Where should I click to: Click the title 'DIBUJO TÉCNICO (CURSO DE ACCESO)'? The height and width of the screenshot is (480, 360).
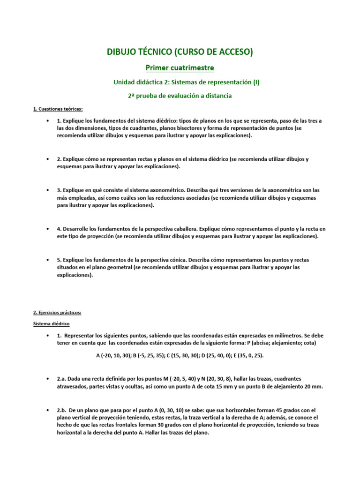pyautogui.click(x=180, y=52)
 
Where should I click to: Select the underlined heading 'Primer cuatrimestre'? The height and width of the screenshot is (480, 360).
pyautogui.click(x=180, y=68)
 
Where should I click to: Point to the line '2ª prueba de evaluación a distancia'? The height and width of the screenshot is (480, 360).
pyautogui.click(x=180, y=96)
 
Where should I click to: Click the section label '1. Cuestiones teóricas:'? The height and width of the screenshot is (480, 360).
pyautogui.click(x=58, y=109)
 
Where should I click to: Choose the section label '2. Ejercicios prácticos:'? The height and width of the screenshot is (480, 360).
pyautogui.click(x=57, y=312)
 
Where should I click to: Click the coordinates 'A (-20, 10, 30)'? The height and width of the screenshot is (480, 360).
pyautogui.click(x=113, y=356)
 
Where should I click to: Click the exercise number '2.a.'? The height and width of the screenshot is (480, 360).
pyautogui.click(x=62, y=379)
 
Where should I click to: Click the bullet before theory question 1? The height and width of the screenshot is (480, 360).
pyautogui.click(x=48, y=121)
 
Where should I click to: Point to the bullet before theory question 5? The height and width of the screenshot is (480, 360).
pyautogui.click(x=48, y=260)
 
